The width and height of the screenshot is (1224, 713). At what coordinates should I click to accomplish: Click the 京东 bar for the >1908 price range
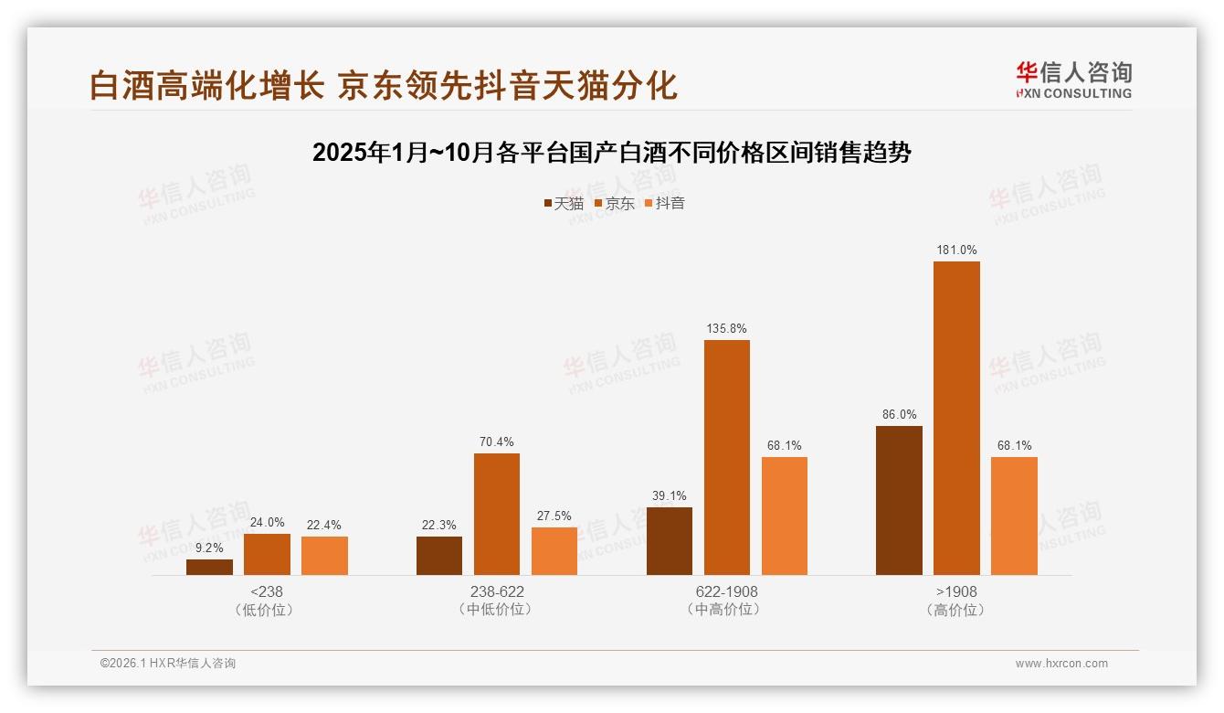(956, 418)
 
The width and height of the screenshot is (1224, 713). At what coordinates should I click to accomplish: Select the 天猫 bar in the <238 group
(209, 567)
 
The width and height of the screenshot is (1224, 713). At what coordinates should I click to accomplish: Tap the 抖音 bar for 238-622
(554, 551)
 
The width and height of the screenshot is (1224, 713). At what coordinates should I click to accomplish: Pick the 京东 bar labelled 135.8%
(726, 457)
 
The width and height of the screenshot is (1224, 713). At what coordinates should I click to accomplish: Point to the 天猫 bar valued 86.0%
(899, 500)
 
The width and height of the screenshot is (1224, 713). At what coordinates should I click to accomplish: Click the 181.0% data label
(956, 250)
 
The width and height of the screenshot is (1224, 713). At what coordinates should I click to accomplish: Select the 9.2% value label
(209, 548)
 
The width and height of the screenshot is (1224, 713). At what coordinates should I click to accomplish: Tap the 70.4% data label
(497, 442)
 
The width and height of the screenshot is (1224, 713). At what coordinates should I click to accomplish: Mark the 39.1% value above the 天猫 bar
(670, 496)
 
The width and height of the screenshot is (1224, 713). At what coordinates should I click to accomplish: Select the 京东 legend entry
(614, 204)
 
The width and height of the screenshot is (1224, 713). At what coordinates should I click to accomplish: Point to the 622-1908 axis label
(726, 591)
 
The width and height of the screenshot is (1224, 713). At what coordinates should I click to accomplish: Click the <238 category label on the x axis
(266, 591)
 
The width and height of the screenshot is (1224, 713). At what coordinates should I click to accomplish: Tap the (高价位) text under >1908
(956, 610)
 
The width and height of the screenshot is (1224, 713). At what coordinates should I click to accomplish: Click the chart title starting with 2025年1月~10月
(611, 153)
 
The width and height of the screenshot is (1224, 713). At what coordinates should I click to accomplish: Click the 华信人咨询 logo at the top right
(1073, 80)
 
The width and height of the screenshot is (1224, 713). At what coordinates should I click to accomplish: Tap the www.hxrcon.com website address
(1061, 664)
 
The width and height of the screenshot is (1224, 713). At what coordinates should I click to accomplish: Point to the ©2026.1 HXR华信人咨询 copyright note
(168, 664)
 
